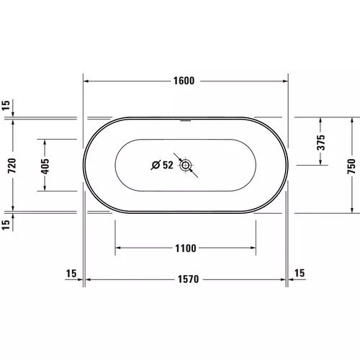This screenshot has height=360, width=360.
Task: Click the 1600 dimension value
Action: click(x=185, y=81)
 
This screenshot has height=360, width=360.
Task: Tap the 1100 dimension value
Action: click(x=185, y=248)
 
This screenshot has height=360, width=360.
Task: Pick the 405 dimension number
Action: click(x=45, y=165)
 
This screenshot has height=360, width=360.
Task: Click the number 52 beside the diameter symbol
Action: click(x=167, y=166)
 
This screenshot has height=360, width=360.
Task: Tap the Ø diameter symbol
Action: click(x=155, y=166)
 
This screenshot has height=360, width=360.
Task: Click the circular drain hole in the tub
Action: click(x=186, y=166)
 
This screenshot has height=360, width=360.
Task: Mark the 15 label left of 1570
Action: click(x=71, y=273)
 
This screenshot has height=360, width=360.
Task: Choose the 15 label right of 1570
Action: click(x=300, y=273)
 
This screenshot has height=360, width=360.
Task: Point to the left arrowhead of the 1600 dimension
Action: click(x=86, y=81)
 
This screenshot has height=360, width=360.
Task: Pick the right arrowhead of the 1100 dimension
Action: click(x=253, y=248)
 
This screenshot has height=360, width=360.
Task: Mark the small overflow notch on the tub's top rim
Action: click(x=186, y=118)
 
